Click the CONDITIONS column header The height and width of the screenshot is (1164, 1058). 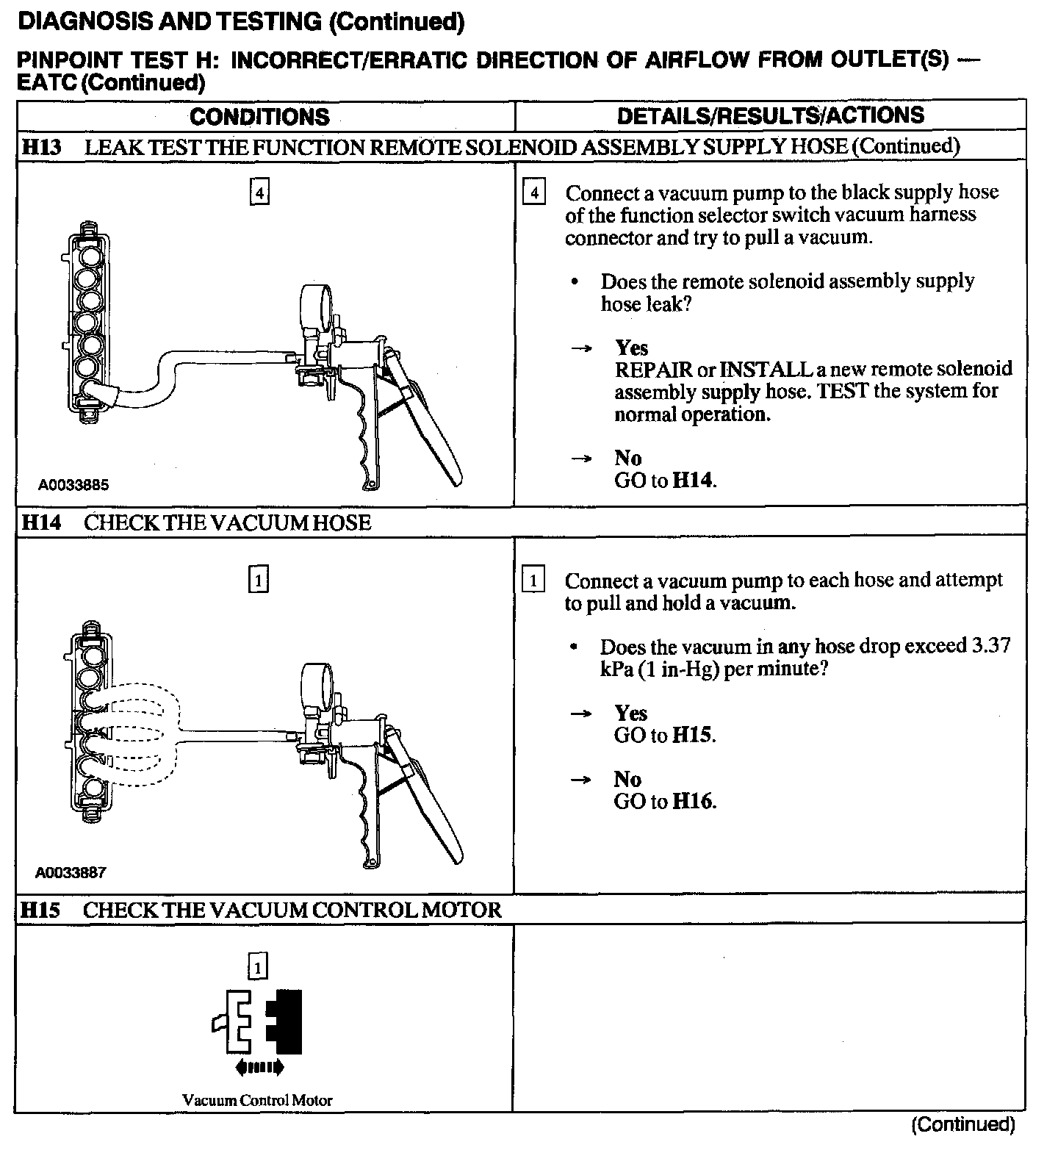[259, 117]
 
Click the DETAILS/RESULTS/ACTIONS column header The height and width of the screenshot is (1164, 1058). [770, 115]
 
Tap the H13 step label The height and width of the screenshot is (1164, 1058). [42, 147]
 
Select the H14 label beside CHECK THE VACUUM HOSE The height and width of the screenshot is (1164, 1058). [42, 523]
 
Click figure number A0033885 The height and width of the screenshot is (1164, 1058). [73, 485]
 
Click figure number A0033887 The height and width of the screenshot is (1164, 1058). [71, 873]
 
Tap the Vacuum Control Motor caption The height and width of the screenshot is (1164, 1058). [257, 1101]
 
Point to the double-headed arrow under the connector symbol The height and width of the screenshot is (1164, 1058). [258, 1067]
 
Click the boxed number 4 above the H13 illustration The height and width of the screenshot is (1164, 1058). [259, 193]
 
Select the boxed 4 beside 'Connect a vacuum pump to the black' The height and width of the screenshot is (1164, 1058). [534, 193]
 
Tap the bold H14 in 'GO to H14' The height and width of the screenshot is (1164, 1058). [693, 481]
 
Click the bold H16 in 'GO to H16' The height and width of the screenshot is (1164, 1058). [693, 802]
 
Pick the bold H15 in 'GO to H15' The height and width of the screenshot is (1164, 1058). [693, 736]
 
